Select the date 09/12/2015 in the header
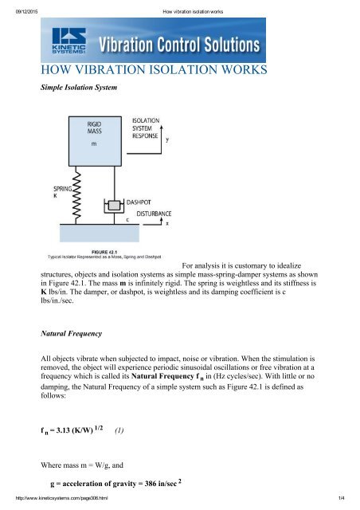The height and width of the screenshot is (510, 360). [x=18, y=6]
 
